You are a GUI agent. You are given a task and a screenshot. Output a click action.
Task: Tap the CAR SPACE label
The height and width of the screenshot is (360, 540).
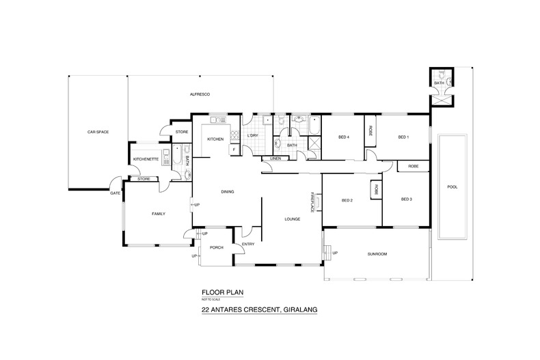pos(98,131)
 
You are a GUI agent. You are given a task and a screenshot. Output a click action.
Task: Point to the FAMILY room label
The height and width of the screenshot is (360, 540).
pos(159,214)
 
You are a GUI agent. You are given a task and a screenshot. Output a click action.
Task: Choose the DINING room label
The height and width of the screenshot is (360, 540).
pos(228,192)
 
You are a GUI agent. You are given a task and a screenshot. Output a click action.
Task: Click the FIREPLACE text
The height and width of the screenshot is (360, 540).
pos(312,202)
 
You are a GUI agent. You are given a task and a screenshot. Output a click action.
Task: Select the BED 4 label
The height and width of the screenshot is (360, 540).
pos(344,137)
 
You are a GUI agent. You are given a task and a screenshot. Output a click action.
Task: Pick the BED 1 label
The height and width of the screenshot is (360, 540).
pos(403,137)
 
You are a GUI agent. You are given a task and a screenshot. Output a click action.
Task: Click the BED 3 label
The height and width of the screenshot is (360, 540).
pos(406,199)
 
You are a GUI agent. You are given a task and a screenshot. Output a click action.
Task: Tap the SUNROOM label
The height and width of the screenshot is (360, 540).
pos(377,254)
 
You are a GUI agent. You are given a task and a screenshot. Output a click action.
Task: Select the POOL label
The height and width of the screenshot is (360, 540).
pos(451,186)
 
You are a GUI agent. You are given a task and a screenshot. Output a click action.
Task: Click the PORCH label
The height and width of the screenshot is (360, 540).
pos(217,247)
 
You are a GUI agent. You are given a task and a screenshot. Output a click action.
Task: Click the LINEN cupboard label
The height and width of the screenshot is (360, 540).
pos(275,158)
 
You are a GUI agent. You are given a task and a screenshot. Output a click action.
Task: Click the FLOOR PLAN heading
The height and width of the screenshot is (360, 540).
pos(221,291)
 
